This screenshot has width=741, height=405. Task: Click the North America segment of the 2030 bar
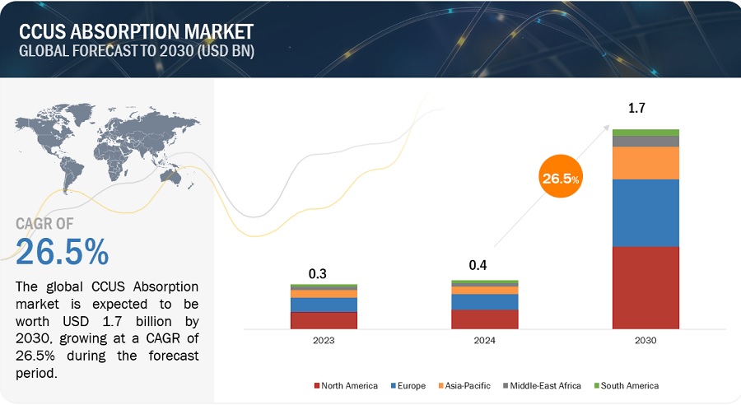[645, 287]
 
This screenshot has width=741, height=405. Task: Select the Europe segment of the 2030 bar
[645, 212]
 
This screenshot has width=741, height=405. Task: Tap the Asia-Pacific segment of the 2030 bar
[645, 163]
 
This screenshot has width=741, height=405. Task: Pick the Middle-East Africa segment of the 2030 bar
[645, 141]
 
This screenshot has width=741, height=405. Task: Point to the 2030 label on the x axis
[645, 339]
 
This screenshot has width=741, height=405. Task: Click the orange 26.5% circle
[561, 177]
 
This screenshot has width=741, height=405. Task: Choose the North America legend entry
[346, 385]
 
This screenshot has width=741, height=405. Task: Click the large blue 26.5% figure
[63, 252]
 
